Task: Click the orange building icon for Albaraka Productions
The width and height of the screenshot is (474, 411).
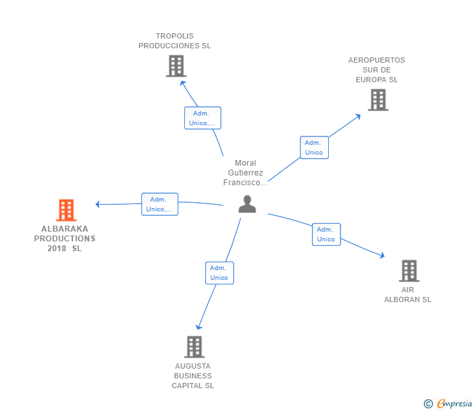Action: point(66,210)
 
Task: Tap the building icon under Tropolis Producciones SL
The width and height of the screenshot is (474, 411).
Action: point(176,66)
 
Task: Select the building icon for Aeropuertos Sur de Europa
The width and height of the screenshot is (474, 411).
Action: point(378,100)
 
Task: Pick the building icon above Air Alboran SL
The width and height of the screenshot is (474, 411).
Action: point(409,271)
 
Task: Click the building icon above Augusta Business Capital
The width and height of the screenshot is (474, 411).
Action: point(195,347)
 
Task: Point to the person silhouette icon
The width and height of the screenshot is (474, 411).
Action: point(247,204)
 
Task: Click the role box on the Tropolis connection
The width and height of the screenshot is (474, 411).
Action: point(202,118)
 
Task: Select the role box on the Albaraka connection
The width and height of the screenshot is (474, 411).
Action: point(160,204)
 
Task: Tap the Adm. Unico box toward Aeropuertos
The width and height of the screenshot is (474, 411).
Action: point(314,147)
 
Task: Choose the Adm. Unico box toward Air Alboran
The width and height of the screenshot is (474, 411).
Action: point(326,234)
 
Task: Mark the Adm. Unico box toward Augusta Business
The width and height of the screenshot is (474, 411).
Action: point(219,273)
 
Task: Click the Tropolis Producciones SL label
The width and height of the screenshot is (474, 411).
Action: point(174,41)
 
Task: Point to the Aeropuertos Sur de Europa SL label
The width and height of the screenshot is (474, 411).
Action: point(376,70)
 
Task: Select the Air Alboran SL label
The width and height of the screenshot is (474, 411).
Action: point(408,295)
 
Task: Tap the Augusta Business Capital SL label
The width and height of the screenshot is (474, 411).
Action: point(193,376)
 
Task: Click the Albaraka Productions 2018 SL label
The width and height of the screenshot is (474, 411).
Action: point(64,239)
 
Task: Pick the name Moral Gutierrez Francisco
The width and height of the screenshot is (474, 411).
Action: point(245,173)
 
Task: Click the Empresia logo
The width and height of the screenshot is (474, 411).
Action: point(448,403)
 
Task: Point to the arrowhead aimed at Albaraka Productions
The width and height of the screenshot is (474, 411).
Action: point(98,204)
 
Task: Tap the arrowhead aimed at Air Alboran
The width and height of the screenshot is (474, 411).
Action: point(382,255)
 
